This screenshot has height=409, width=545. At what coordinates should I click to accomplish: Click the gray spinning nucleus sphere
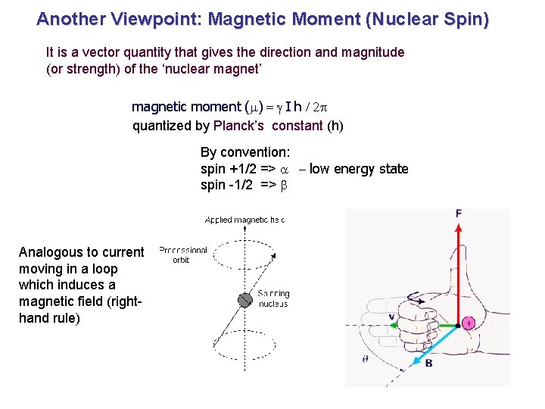click(x=244, y=300)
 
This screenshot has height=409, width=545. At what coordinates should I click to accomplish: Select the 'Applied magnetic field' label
click(x=244, y=220)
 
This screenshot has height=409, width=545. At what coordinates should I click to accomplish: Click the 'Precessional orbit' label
click(x=182, y=254)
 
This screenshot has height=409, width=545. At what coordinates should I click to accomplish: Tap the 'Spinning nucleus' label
click(x=273, y=298)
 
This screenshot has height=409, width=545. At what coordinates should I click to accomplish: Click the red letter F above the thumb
click(x=459, y=214)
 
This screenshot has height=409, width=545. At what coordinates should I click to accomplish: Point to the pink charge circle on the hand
click(x=469, y=323)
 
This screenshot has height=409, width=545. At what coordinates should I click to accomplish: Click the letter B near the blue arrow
click(x=428, y=364)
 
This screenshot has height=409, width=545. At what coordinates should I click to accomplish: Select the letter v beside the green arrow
click(x=391, y=317)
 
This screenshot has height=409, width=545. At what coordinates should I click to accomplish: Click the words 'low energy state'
click(x=359, y=169)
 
